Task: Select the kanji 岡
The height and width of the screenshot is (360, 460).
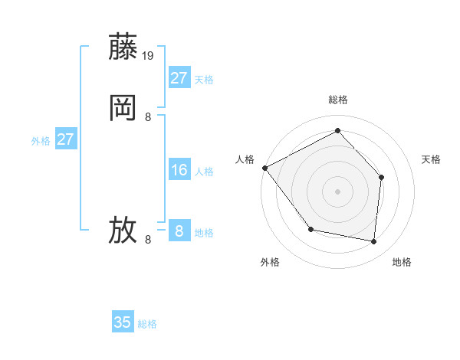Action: tap(123, 109)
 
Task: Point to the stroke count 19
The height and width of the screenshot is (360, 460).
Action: tap(149, 55)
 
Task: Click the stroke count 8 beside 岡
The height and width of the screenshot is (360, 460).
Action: tap(148, 117)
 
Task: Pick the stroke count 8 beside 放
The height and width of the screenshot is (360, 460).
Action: tap(148, 240)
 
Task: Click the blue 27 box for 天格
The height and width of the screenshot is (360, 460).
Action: tap(179, 78)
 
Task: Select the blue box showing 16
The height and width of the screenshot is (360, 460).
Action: tap(179, 170)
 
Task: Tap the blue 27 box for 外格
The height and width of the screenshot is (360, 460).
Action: tap(65, 139)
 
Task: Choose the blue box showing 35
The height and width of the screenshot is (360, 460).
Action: tap(123, 322)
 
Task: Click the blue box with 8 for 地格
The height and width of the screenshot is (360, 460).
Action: tap(179, 231)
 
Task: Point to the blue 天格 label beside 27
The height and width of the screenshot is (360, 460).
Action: tap(204, 80)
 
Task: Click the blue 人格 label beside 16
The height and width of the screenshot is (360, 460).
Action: tap(204, 172)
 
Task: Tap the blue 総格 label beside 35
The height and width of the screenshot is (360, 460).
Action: tap(147, 324)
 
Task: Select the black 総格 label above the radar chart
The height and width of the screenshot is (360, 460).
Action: tap(337, 100)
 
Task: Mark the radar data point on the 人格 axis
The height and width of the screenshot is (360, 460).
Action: tap(264, 168)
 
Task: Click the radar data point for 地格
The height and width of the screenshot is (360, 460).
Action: tap(374, 242)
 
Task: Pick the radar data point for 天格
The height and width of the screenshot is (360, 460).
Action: tap(382, 177)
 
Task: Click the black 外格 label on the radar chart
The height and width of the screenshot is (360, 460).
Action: tap(270, 262)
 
